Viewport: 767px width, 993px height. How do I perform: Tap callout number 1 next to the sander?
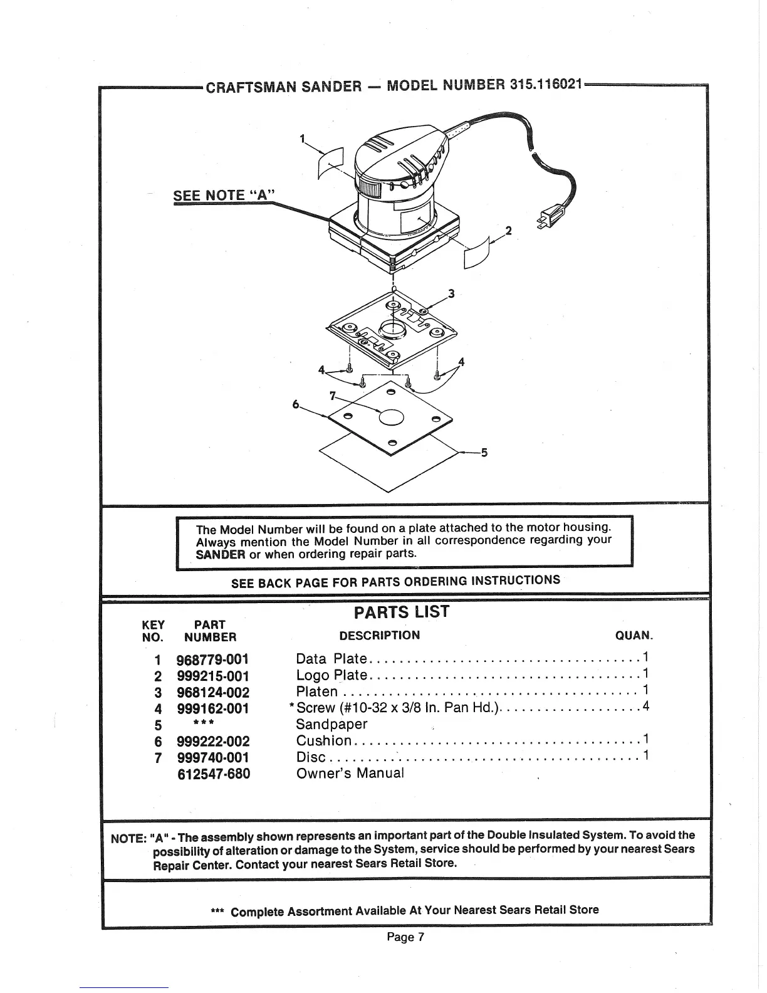[x=303, y=139]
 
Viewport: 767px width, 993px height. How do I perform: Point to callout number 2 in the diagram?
[x=509, y=230]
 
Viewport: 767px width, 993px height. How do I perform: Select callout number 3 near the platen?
[x=451, y=293]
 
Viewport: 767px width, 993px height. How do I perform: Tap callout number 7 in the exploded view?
[x=333, y=395]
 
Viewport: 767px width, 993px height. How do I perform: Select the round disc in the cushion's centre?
[x=391, y=418]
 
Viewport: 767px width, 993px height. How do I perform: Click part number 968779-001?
[x=213, y=659]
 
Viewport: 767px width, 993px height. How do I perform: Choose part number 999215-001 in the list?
[x=213, y=676]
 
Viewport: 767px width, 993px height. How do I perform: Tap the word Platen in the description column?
[x=317, y=692]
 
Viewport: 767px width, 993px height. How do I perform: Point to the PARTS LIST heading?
[x=402, y=612]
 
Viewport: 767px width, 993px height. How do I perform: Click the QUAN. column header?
[x=634, y=636]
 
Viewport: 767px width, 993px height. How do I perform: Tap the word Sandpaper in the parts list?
[x=331, y=724]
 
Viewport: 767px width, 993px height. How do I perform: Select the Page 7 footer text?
[x=405, y=937]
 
